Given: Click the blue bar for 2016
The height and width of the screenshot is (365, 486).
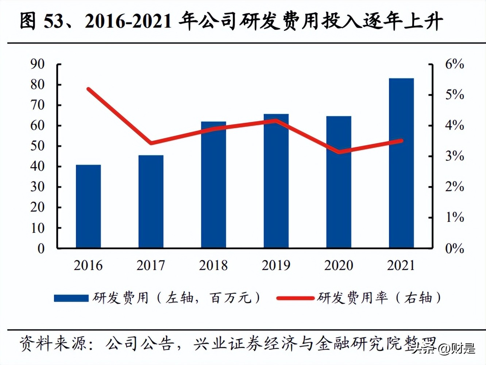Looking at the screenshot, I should coord(88,207).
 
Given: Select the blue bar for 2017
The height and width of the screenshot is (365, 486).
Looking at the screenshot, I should coord(151,202).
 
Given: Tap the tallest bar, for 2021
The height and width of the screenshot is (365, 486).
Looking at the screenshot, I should coord(401,163).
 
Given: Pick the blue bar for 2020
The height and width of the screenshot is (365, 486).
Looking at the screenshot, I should coord(339,182).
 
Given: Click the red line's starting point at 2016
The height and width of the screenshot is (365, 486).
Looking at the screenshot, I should coord(88,89).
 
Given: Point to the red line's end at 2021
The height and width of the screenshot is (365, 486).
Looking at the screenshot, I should coord(401,141).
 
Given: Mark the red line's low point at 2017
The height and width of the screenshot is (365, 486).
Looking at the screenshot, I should coord(151,143).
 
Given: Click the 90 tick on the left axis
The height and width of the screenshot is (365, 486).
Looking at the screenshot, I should coord(38,64).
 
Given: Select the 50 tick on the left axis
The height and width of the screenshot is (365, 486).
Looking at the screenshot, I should coord(38,146).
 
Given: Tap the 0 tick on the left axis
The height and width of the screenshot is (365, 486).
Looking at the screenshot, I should coord(41,249).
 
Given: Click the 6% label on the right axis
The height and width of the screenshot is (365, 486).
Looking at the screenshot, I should coord(454,64).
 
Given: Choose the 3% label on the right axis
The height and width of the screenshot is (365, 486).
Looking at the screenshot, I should coord(454,156).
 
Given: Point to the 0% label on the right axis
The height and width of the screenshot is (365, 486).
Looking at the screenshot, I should coord(454,249).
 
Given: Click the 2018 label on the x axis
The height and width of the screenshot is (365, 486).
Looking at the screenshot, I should coord(213,265).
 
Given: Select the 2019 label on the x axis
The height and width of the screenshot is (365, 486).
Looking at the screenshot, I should coord(276,265).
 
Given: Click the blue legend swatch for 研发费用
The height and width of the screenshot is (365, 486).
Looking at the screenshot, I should coord(71,298).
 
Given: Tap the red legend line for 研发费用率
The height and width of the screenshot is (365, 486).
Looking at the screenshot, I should coord(295,298).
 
